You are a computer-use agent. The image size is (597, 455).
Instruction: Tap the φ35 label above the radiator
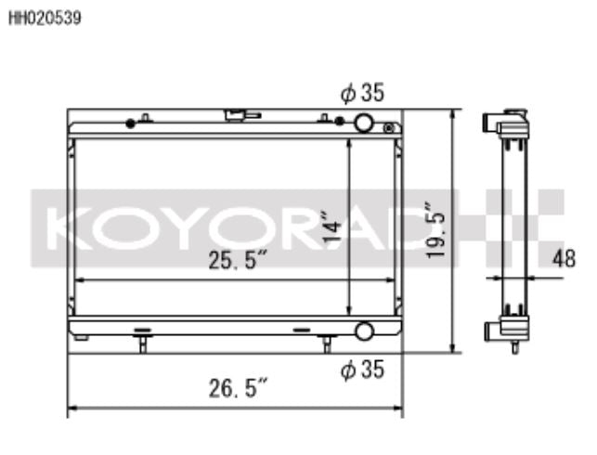362,93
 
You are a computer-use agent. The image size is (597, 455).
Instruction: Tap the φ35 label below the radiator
362,370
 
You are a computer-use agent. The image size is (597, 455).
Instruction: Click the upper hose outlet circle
363,123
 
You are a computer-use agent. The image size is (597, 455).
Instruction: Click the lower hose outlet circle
363,331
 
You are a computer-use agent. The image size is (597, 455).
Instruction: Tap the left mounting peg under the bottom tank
142,344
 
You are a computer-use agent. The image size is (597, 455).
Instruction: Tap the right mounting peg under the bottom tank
325,344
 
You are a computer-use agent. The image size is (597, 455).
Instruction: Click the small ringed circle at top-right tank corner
393,127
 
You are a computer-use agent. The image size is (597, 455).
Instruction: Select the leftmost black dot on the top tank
130,123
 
